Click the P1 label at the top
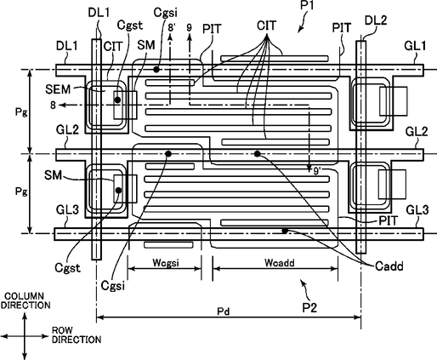point(307,5)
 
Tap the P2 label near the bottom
point(309,307)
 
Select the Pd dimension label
point(223,311)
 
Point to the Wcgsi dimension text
point(166,263)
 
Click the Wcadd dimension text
point(280,263)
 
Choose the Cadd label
point(389,266)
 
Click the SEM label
point(58,89)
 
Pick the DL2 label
point(376,20)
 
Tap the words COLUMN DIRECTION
point(26,300)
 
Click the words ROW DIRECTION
point(77,335)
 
